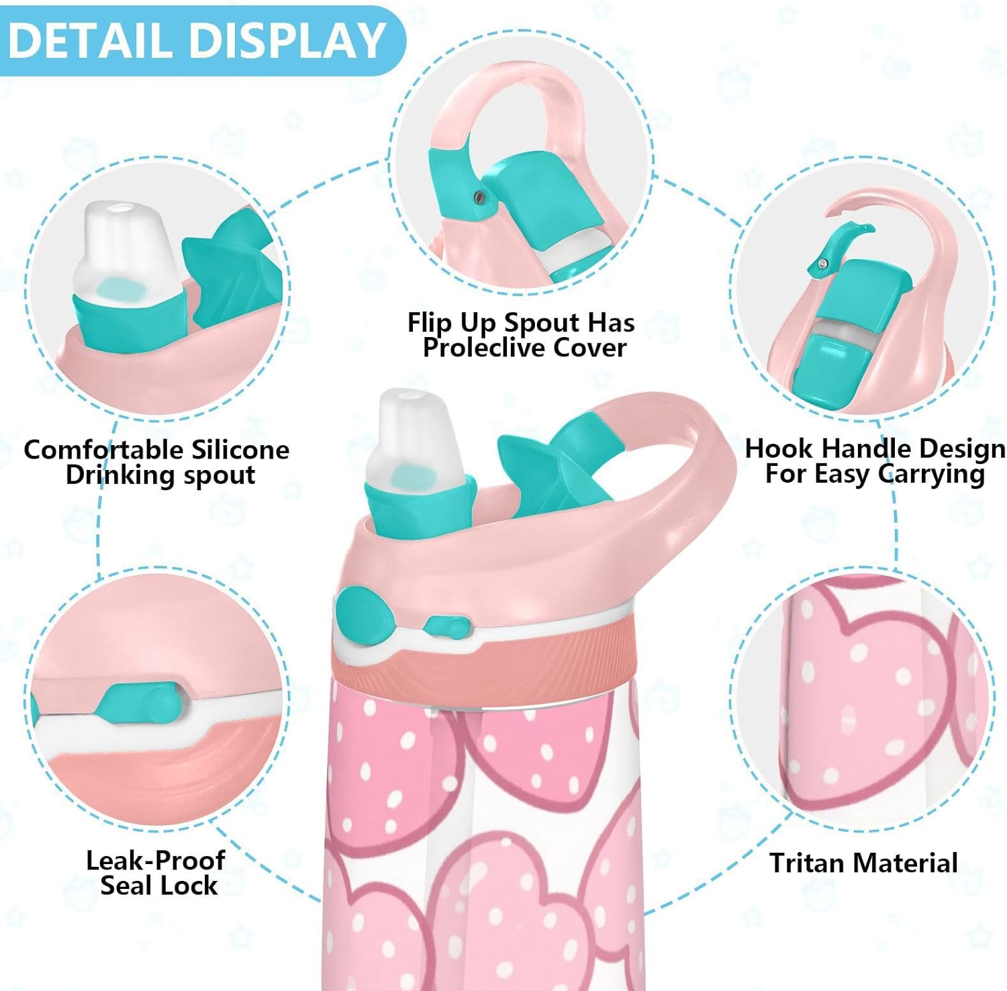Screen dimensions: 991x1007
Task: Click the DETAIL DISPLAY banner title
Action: (x=196, y=40)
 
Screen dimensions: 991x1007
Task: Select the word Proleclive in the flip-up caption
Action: (x=478, y=348)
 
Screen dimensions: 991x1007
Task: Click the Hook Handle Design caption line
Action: (x=875, y=448)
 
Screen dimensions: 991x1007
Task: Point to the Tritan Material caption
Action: (x=863, y=863)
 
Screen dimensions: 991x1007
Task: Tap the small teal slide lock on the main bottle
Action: (x=446, y=627)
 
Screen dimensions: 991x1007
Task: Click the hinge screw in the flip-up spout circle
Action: (x=478, y=196)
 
